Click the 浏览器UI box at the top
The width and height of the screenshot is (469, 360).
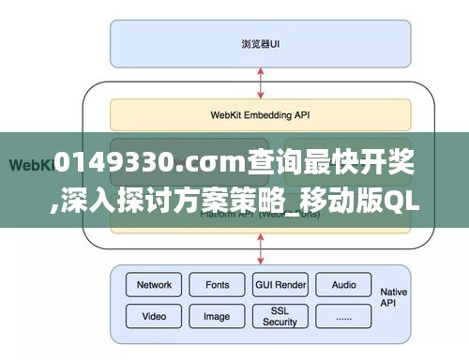(x=261, y=43)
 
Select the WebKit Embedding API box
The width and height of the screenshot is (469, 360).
(x=261, y=115)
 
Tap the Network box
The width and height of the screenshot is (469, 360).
(x=154, y=285)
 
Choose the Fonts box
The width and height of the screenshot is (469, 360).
(x=217, y=285)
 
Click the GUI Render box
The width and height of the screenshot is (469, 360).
(x=280, y=285)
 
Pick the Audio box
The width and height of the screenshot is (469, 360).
(x=343, y=285)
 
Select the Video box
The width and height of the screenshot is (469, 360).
(x=154, y=316)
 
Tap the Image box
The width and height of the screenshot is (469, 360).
(x=217, y=316)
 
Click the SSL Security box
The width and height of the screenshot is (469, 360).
(x=280, y=316)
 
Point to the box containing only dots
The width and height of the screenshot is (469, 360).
(x=343, y=316)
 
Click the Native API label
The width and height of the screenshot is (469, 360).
(x=394, y=298)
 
